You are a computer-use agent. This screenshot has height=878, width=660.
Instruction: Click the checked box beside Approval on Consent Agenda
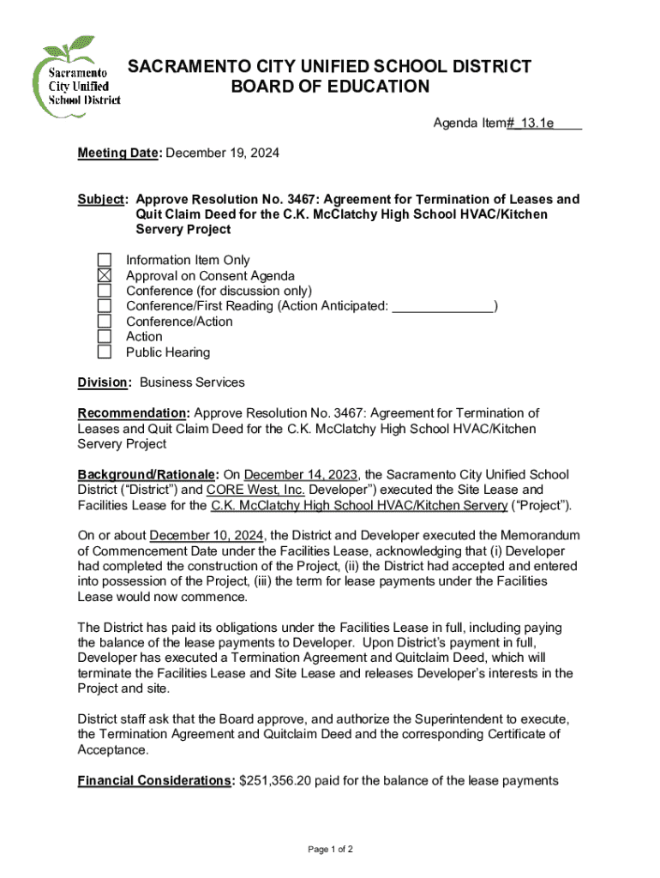105,275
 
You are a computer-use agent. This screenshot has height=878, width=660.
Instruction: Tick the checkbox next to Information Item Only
105,260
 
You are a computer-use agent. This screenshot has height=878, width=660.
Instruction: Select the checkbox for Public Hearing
105,352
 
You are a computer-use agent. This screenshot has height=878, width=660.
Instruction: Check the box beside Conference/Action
105,322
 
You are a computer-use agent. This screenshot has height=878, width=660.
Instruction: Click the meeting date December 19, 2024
222,153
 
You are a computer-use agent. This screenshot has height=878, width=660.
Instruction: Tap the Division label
104,382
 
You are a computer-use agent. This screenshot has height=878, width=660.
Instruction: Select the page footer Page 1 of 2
331,849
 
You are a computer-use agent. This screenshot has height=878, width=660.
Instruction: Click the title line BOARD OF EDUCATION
330,87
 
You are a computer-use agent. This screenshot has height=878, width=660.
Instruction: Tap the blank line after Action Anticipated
443,306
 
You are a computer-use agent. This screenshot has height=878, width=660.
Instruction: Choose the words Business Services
192,382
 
